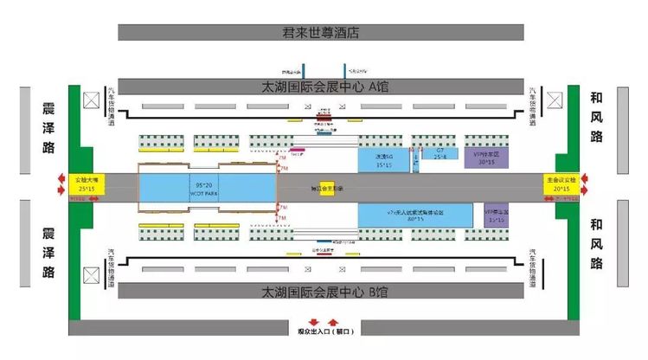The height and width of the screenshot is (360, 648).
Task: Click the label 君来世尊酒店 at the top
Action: [320, 33]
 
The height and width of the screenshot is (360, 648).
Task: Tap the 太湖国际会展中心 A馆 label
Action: [321, 87]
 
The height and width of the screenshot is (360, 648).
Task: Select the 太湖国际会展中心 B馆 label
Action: [321, 290]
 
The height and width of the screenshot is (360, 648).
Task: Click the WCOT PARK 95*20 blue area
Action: [206, 187]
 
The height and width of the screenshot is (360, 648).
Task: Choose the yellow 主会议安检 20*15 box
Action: [559, 183]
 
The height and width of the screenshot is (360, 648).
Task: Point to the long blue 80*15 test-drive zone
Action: [414, 215]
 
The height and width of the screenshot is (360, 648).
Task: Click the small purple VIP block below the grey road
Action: [496, 215]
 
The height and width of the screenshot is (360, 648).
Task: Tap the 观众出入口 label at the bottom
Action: [322, 331]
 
